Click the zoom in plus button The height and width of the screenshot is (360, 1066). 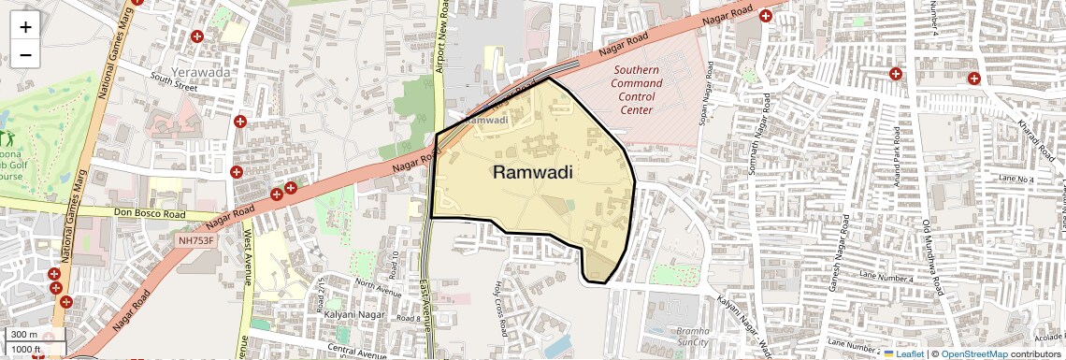(x=25, y=26)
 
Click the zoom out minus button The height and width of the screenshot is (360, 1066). (x=25, y=54)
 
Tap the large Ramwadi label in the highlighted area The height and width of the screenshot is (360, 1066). (x=532, y=172)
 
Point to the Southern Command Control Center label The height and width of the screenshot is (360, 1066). (x=637, y=90)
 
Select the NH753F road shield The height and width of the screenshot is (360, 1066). (x=196, y=240)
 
